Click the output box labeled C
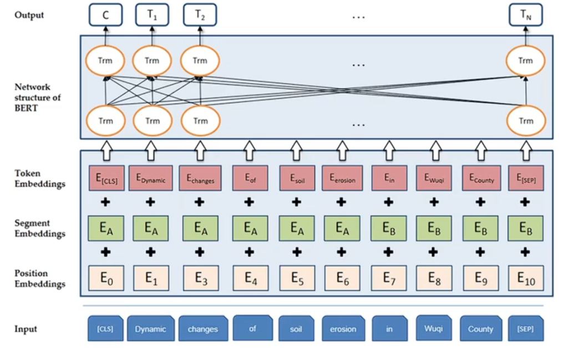pyautogui.click(x=105, y=16)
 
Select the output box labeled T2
pyautogui.click(x=200, y=16)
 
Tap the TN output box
pyautogui.click(x=525, y=16)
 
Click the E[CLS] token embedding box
pyautogui.click(x=105, y=178)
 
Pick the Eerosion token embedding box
pyautogui.click(x=343, y=178)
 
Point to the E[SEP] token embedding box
pyautogui.click(x=525, y=178)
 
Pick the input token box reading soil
pyautogui.click(x=296, y=329)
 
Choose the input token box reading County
pyautogui.click(x=480, y=329)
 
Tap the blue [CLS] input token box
pyautogui.click(x=105, y=329)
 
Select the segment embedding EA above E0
pyautogui.click(x=105, y=228)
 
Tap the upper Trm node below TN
pyautogui.click(x=525, y=61)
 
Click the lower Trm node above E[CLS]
pyautogui.click(x=105, y=121)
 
